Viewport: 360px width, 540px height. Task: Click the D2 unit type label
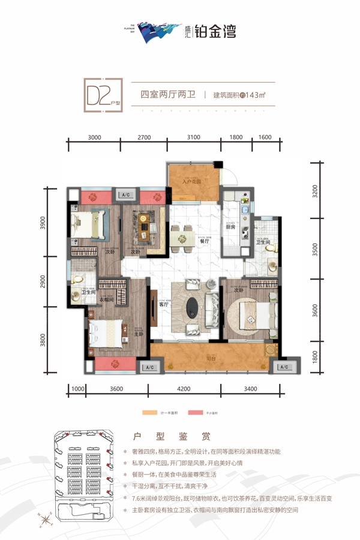(x=101, y=95)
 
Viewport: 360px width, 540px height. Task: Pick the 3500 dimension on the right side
(x=316, y=250)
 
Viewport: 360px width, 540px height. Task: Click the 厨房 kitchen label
(x=230, y=227)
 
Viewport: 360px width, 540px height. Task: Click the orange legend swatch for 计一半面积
(x=147, y=413)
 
